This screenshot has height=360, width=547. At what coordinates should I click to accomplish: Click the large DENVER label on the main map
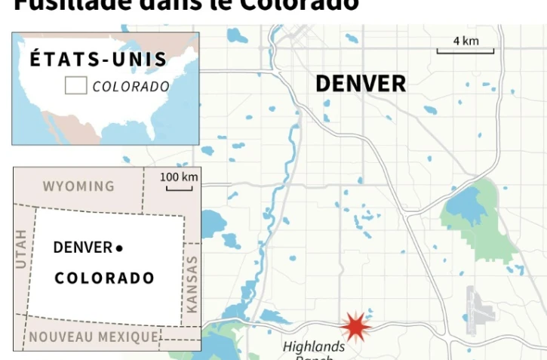pyautogui.click(x=360, y=84)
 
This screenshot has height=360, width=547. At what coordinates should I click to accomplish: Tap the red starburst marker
pyautogui.click(x=355, y=327)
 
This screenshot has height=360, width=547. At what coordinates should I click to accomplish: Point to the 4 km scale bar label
pyautogui.click(x=466, y=41)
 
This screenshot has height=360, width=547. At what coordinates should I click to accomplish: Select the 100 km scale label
pyautogui.click(x=180, y=177)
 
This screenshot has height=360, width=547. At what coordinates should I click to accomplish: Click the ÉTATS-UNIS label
pyautogui.click(x=99, y=60)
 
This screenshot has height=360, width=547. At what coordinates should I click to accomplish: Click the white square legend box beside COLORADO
pyautogui.click(x=75, y=86)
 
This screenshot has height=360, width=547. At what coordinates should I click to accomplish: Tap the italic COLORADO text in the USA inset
pyautogui.click(x=131, y=87)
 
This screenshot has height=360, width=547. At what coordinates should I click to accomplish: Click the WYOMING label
pyautogui.click(x=78, y=186)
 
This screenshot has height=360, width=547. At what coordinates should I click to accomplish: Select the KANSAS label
pyautogui.click(x=191, y=285)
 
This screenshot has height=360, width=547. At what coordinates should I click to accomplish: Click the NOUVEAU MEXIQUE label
pyautogui.click(x=94, y=337)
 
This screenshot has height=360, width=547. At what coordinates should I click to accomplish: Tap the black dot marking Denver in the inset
pyautogui.click(x=119, y=248)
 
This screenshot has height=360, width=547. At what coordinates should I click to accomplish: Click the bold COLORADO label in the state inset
pyautogui.click(x=104, y=278)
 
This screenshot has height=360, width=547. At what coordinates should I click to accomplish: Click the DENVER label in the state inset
pyautogui.click(x=82, y=248)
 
